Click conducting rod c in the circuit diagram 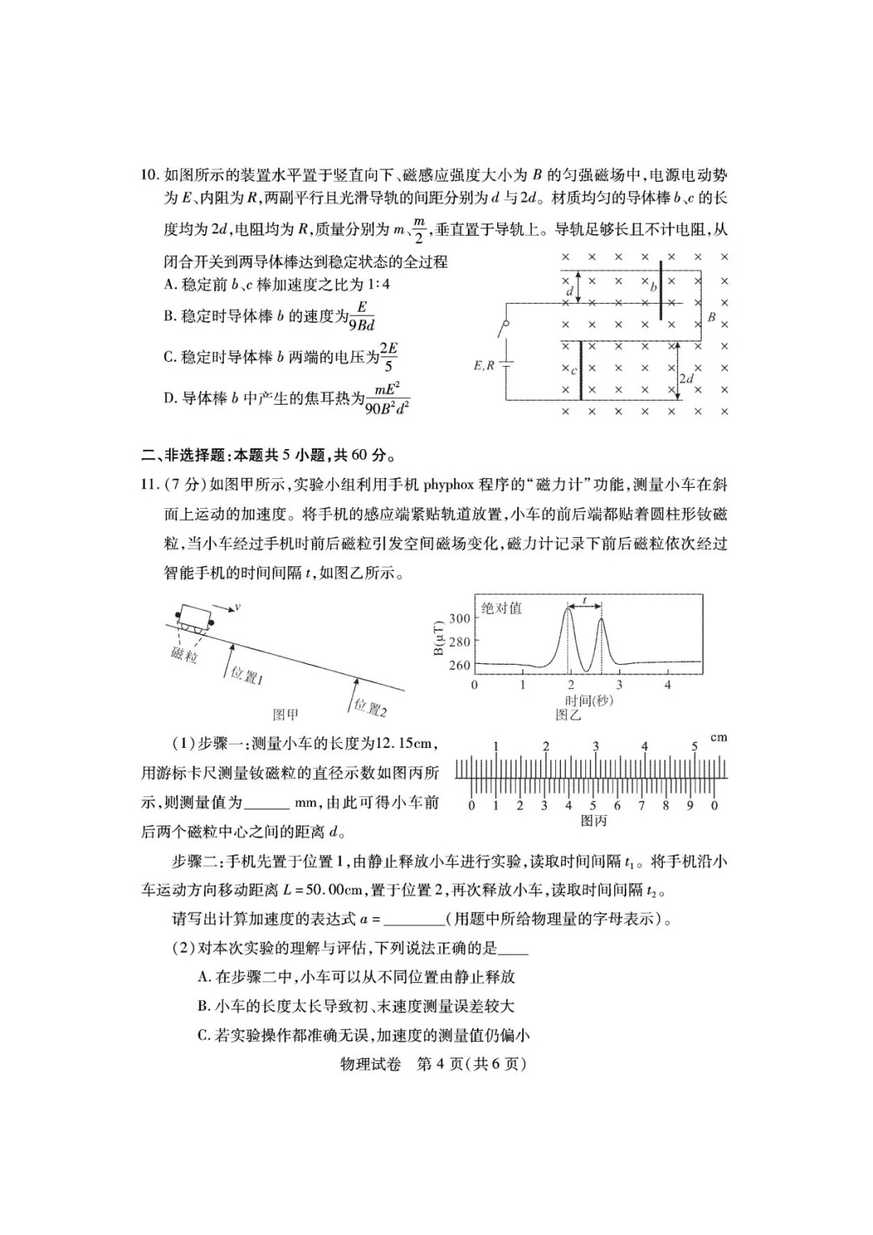580,370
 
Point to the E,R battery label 483,365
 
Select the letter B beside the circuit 711,317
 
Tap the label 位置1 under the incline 247,675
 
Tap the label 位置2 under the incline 369,708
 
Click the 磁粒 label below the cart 184,654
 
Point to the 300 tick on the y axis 459,619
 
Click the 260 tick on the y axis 459,666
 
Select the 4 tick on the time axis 668,685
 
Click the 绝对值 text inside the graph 501,608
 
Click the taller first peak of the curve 568,611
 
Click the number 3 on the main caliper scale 596,746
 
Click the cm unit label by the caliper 718,737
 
